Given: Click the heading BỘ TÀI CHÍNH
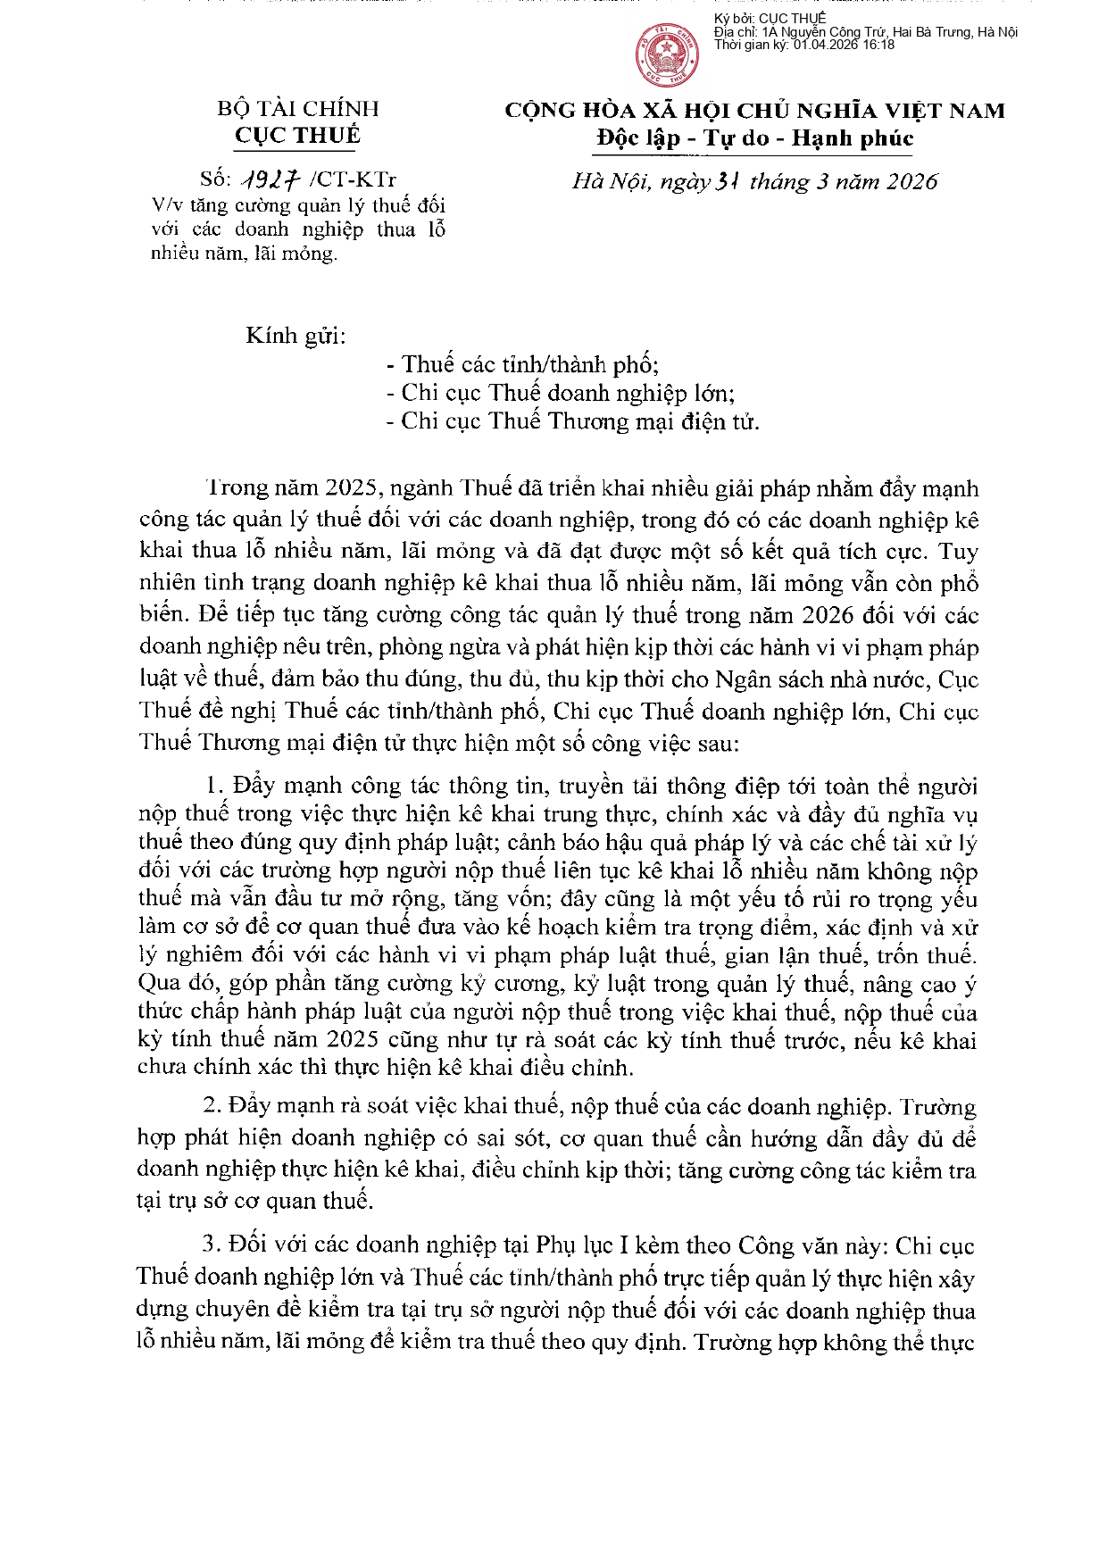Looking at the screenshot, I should point(298,109).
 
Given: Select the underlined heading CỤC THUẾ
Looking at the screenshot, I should point(298,136).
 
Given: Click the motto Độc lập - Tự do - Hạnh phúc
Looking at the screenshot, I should point(755,138).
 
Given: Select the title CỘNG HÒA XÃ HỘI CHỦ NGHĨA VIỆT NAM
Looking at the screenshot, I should point(755,111).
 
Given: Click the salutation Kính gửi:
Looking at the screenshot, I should point(295,337).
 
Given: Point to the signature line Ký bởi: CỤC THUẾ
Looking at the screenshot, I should point(770,19).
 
